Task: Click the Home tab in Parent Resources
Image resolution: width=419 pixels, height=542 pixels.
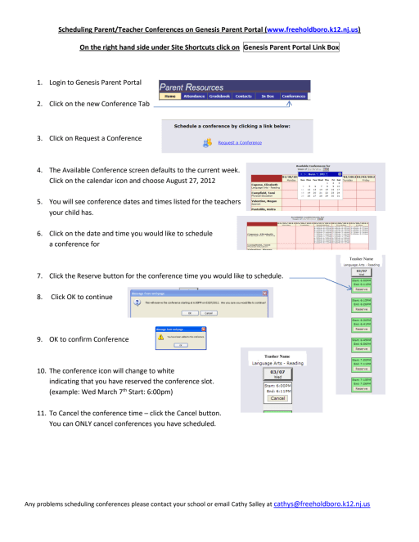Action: tap(170, 96)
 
